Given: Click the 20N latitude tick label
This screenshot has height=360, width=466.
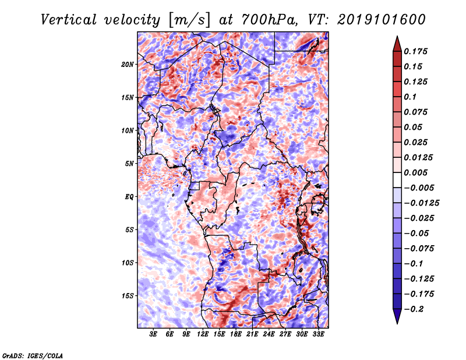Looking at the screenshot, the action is [127, 65].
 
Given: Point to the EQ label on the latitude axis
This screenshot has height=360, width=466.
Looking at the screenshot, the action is [129, 197].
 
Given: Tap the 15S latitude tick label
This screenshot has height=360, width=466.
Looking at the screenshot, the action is [127, 296].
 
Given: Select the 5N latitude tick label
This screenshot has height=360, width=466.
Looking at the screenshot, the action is [129, 164].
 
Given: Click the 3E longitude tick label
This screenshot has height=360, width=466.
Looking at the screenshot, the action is [153, 334].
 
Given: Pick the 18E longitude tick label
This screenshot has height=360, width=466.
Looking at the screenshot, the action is [236, 334].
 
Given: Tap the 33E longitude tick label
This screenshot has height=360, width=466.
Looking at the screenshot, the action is [318, 334].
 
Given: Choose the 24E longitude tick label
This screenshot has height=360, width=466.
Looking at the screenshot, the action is [269, 334].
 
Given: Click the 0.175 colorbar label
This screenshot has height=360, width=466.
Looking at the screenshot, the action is [415, 51].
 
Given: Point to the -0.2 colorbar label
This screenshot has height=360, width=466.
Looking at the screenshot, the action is [414, 309].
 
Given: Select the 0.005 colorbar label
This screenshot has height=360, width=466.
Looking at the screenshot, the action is [415, 172].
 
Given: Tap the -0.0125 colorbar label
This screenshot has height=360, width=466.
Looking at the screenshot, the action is [421, 203].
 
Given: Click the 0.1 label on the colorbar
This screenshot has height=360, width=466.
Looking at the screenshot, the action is [410, 97].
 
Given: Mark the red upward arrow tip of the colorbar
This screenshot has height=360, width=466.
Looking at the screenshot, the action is [397, 37].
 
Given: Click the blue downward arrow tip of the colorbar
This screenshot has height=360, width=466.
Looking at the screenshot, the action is [397, 323].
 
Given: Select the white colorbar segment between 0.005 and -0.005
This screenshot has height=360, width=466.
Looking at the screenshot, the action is [397, 180].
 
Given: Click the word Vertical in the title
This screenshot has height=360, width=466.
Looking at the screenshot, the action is [69, 20].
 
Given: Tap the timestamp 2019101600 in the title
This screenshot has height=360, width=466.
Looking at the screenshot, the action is [382, 20].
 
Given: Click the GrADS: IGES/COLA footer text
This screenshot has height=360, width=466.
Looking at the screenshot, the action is [33, 355].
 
